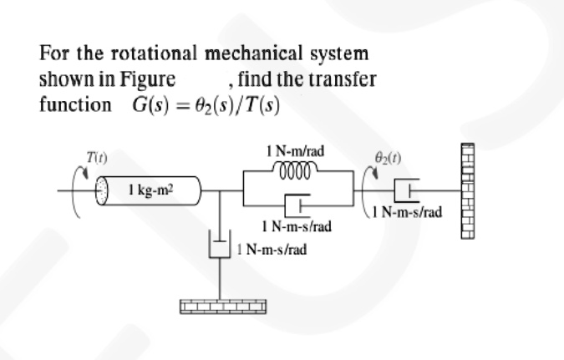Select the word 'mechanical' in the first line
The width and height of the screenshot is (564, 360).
point(242,54)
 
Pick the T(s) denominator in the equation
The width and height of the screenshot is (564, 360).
point(257,106)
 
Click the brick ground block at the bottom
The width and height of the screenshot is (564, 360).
point(219,306)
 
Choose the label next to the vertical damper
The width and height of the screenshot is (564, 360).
point(273,249)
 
